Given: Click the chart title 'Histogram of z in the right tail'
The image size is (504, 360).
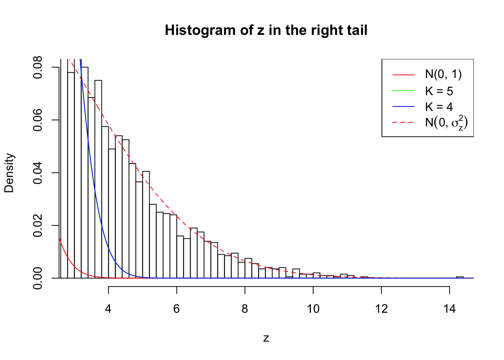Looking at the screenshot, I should coord(266,30).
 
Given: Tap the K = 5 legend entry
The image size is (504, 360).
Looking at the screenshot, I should coord(439,91).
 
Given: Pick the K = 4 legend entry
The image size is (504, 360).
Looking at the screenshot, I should coord(439,107).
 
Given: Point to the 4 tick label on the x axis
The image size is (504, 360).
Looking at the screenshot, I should coord(108,309).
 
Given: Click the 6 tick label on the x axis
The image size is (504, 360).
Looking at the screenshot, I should coord(177,309).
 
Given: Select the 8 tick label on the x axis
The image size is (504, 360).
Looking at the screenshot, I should coord(245,309).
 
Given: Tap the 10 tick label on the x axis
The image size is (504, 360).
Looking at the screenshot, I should coord(313,309).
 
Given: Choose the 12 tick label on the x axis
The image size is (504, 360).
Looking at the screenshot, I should coord(381,309).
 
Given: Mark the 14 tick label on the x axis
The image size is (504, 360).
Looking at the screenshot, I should coord(450,309).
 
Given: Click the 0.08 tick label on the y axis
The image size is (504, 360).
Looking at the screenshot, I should coord(38,67).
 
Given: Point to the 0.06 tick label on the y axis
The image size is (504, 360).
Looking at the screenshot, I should coord(38,120).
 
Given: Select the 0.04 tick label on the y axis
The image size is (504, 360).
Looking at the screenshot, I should coord(38,173).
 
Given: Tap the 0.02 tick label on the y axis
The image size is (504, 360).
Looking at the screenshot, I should coord(38,225).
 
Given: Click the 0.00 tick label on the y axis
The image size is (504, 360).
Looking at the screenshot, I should coord(38,278).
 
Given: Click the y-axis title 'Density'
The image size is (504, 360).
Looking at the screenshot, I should coord(9,173).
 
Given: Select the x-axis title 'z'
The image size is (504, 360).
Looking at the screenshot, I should coord(266,338).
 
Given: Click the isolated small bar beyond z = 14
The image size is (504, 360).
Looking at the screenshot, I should coord(460,277).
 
